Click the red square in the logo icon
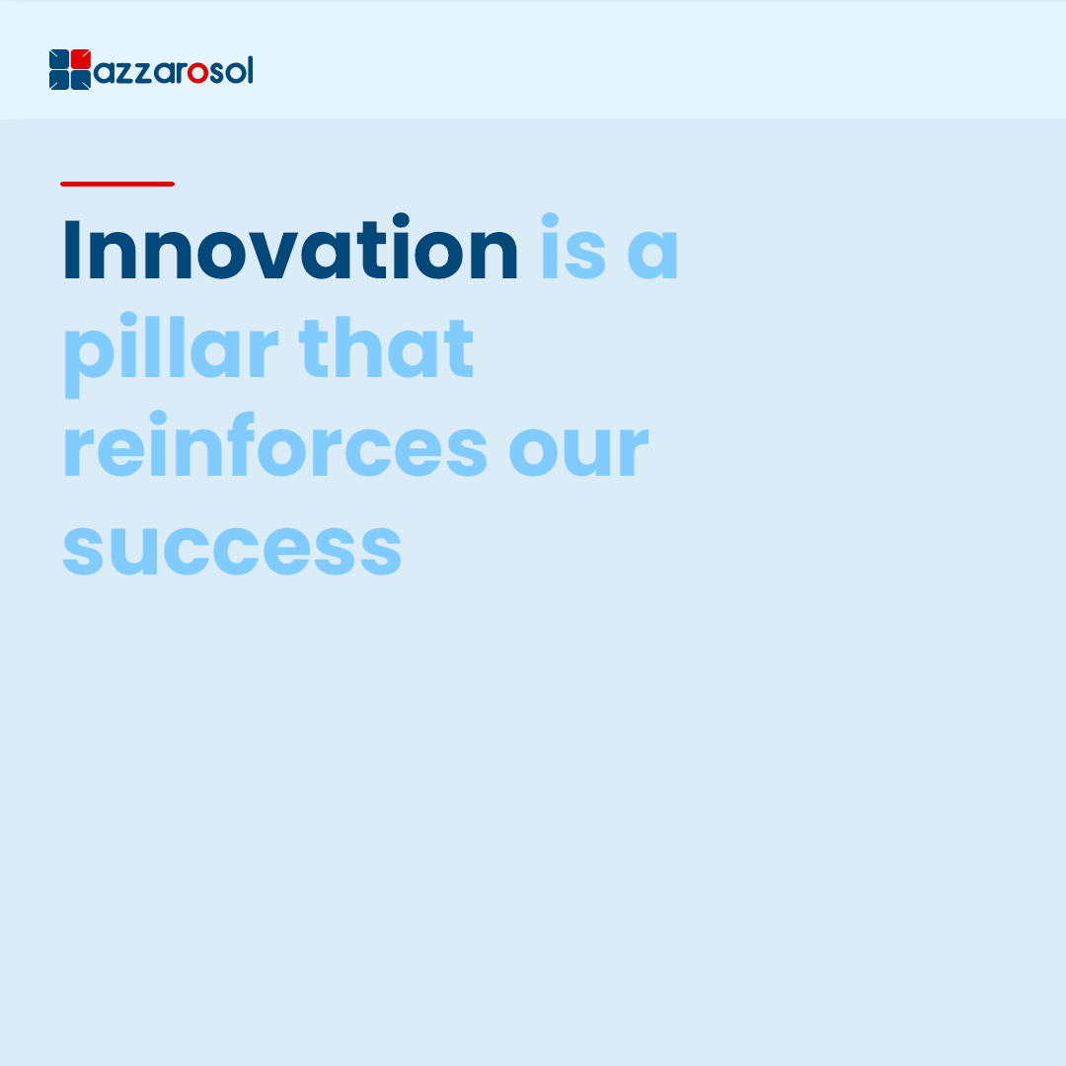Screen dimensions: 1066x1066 [81, 58]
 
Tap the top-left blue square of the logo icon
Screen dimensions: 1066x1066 [59, 58]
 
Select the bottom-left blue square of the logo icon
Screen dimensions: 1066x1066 [59, 80]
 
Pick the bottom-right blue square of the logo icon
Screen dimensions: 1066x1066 [81, 80]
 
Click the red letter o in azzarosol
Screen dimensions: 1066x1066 [197, 73]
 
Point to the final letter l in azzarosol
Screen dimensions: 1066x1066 [250, 69]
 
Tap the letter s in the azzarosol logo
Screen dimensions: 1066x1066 [217, 73]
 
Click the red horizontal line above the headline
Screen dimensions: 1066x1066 [117, 184]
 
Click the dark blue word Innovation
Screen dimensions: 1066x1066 [291, 248]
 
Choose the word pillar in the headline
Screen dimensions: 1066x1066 [172, 353]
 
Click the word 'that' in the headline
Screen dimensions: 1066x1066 [386, 346]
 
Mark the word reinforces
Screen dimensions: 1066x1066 [275, 444]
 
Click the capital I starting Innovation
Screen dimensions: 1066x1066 [72, 249]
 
